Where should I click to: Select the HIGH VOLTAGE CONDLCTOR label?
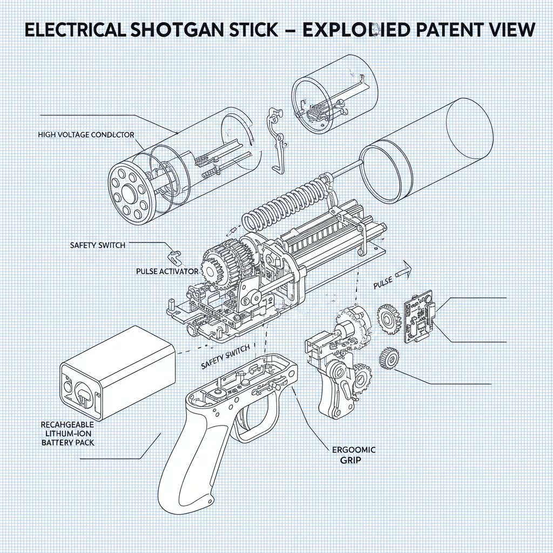(x=86, y=134)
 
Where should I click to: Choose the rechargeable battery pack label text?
(x=68, y=434)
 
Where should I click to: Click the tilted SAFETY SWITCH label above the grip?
(x=225, y=357)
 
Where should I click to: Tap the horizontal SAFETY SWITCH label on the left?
(x=98, y=245)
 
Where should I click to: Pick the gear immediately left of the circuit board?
(x=388, y=318)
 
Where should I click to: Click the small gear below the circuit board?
(x=388, y=357)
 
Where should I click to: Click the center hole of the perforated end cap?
(x=128, y=193)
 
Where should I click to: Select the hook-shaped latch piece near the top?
(x=278, y=140)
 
